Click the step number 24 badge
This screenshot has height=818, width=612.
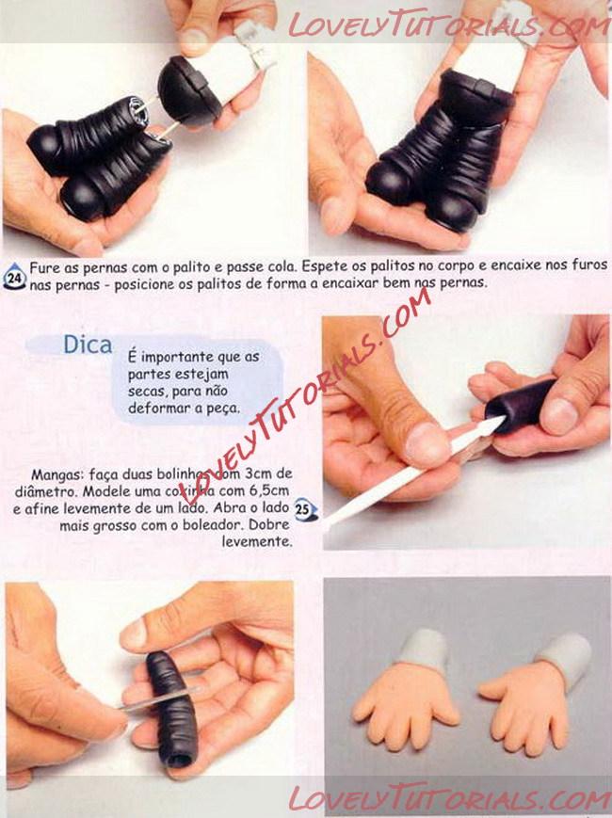(x=15, y=277)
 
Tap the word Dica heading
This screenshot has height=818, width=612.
(x=88, y=345)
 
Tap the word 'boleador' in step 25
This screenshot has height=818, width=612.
(x=210, y=525)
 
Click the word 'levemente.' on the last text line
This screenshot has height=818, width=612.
(x=257, y=541)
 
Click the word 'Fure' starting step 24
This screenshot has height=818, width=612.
(x=44, y=268)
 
